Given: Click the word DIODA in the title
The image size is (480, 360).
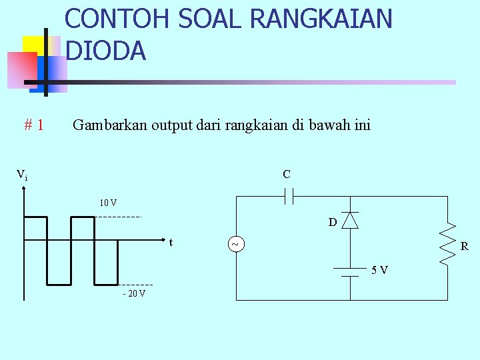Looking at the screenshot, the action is click(106, 51).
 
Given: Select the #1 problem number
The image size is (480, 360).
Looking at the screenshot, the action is click(34, 125).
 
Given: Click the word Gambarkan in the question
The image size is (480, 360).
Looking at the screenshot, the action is click(110, 125).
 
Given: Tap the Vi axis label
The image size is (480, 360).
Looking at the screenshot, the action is click(22, 175).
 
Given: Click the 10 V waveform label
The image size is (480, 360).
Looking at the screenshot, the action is click(108, 203).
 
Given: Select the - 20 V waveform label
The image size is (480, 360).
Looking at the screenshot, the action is click(134, 293).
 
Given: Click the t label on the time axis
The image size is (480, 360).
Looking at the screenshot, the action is click(171, 242).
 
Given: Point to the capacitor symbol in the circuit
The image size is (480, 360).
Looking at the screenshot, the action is click(289, 196).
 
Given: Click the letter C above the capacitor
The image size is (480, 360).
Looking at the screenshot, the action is click(286, 175).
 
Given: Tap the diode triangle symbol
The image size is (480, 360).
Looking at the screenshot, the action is click(350, 220).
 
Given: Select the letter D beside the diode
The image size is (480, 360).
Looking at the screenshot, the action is click(332, 222).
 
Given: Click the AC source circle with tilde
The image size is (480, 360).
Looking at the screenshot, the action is click(235, 245).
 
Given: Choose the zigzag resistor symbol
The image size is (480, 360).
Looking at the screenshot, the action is click(447, 244).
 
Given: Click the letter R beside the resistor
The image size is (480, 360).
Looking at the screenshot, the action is click(464, 247).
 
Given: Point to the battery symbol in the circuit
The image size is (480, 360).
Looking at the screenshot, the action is click(347, 271).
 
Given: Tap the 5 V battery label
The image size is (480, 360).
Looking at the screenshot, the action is click(380, 270).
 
